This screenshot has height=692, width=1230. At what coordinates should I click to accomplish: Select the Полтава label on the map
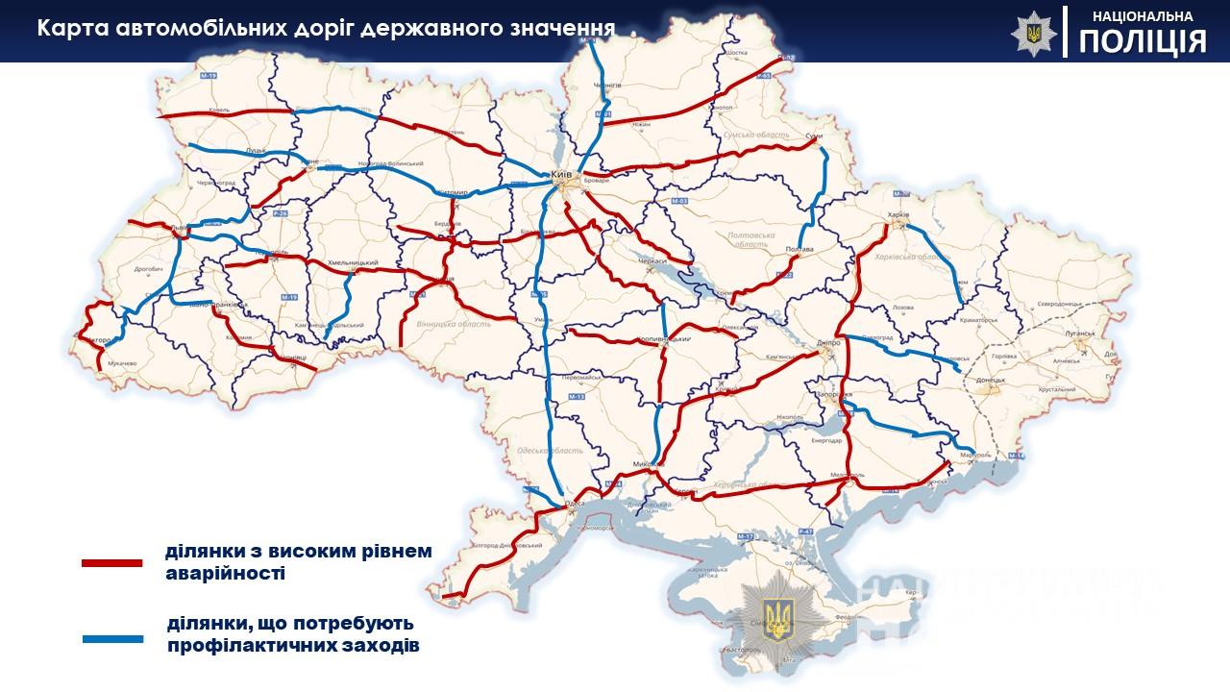click(x=799, y=249)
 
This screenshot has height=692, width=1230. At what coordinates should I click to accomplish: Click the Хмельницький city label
click(x=352, y=262)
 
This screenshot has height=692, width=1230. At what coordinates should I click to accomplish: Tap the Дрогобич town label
click(x=149, y=269)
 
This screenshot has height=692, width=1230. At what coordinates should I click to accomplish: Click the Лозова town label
click(x=903, y=308)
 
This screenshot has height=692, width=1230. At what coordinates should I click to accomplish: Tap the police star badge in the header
click(x=1033, y=33)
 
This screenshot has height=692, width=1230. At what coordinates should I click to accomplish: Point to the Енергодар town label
click(x=826, y=440)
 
